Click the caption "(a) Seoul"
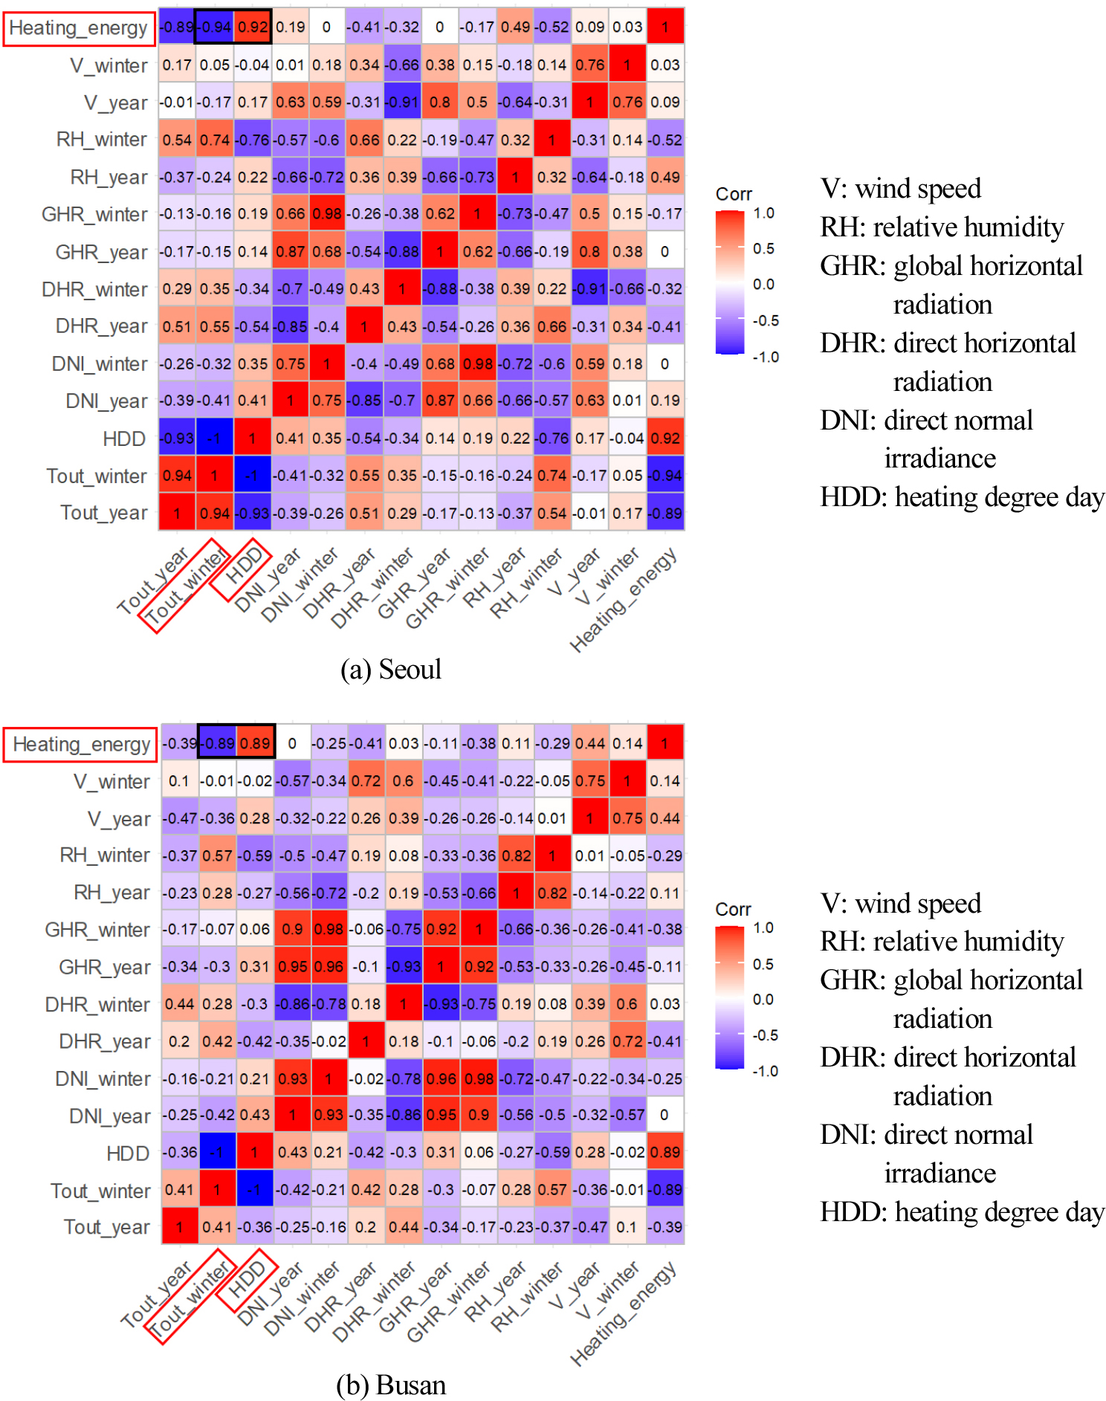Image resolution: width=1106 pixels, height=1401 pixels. coord(391,670)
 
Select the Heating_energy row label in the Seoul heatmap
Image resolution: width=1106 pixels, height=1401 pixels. coord(79,28)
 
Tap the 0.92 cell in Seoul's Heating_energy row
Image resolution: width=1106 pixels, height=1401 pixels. coord(253,27)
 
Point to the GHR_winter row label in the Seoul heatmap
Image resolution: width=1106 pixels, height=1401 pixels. coord(94,215)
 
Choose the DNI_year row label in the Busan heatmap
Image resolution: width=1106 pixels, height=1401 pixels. coord(109,1116)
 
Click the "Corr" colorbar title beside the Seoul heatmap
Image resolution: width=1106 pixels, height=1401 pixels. coord(734,194)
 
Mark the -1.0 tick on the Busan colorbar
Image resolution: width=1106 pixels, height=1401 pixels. coord(766,1071)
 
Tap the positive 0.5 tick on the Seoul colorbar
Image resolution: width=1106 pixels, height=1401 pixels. coord(764,248)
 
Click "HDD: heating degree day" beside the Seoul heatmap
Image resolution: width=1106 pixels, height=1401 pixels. coord(962,497)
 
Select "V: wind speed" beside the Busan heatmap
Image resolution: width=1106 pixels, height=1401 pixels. coord(900,904)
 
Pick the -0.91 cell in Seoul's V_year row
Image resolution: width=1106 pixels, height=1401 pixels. coord(402,102)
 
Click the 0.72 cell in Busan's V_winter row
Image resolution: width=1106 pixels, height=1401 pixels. coord(366,781)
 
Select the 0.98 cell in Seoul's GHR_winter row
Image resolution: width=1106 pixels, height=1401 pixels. coord(327,214)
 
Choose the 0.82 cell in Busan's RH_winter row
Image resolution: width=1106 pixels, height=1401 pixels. coord(516,855)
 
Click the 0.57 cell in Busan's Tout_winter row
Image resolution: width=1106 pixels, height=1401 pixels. coord(552,1190)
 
